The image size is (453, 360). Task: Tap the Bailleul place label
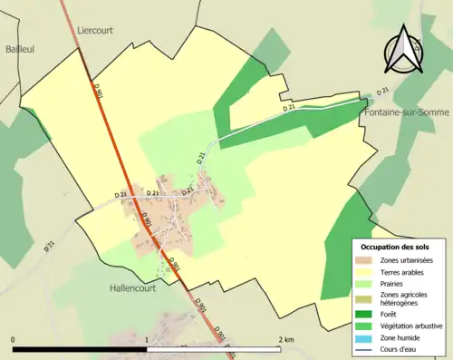pyautogui.click(x=19, y=49)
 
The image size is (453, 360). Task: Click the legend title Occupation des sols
pyautogui.click(x=395, y=247)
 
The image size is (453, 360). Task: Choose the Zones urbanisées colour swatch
pyautogui.click(x=365, y=261)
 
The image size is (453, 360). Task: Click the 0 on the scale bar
pyautogui.click(x=14, y=339)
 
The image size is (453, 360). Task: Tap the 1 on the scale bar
pyautogui.click(x=147, y=339)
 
